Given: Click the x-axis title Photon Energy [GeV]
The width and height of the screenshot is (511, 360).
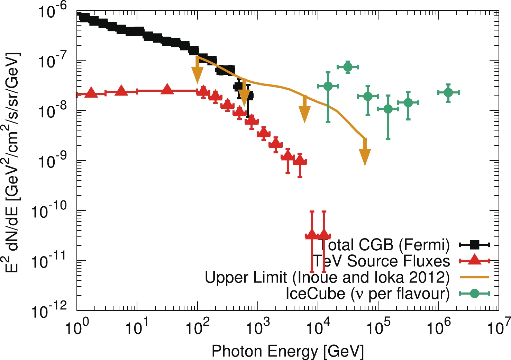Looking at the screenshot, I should pyautogui.click(x=288, y=351).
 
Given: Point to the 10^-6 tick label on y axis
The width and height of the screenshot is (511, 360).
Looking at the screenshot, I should pyautogui.click(x=52, y=12).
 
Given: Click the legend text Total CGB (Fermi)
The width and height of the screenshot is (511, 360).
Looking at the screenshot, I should pyautogui.click(x=384, y=245).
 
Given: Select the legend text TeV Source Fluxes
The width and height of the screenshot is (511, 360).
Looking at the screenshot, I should pyautogui.click(x=381, y=261).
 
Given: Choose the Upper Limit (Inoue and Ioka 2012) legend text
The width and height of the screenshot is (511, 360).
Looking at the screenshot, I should pyautogui.click(x=327, y=277).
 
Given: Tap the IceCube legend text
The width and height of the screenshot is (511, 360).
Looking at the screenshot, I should pyautogui.click(x=367, y=294).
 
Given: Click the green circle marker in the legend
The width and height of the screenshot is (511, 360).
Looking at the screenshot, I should pyautogui.click(x=474, y=294).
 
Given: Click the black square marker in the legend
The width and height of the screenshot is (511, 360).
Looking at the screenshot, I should pyautogui.click(x=474, y=245).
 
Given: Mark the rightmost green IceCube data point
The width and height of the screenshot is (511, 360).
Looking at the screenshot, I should pyautogui.click(x=448, y=92).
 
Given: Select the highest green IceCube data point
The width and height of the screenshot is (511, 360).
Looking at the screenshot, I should pyautogui.click(x=348, y=67).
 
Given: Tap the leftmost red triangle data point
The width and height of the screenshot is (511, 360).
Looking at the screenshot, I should pyautogui.click(x=91, y=93).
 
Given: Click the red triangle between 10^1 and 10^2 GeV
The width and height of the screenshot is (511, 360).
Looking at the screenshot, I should pyautogui.click(x=167, y=89).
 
